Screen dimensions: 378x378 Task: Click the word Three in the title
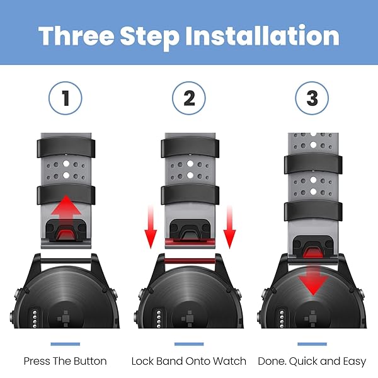tap(76, 36)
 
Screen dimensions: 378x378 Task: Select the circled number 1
tap(66, 98)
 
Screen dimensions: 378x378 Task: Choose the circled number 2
tap(189, 98)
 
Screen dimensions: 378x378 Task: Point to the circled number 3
tap(312, 98)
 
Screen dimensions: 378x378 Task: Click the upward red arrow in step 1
tap(66, 212)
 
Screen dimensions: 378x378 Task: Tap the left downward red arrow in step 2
tap(151, 227)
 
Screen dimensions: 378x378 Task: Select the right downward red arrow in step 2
tap(229, 227)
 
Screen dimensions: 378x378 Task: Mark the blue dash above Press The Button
tap(66, 344)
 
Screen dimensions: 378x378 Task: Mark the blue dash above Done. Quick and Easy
tap(312, 344)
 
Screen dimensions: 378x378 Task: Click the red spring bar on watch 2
tap(190, 261)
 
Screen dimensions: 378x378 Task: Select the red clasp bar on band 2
tap(190, 242)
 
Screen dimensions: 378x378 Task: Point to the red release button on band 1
tap(66, 235)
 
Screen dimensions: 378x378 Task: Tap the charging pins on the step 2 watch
tap(158, 319)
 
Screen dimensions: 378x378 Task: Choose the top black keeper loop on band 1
tap(66, 147)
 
